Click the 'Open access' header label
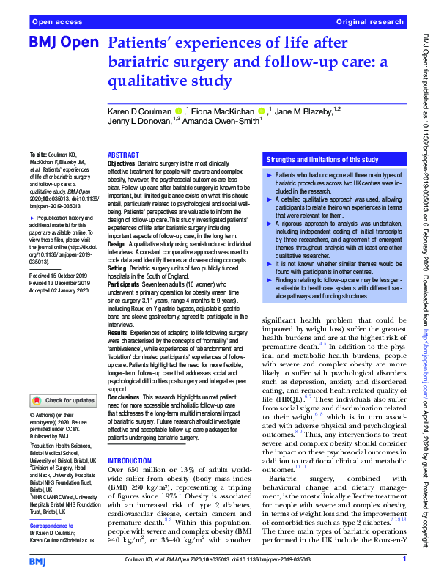[x=54, y=22]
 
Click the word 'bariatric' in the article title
[x=140, y=62]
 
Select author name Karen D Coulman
[x=140, y=111]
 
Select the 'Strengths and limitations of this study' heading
[x=322, y=159]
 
